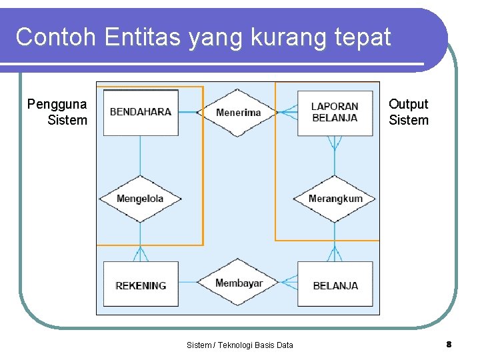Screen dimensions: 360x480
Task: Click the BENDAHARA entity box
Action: tap(141, 112)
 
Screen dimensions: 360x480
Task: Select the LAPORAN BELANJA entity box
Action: tap(335, 112)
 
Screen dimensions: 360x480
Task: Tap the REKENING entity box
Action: tap(141, 285)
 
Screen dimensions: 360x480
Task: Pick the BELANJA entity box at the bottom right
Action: tap(335, 285)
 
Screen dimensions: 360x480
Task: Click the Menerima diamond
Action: tap(238, 112)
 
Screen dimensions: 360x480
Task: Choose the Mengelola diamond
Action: tap(140, 199)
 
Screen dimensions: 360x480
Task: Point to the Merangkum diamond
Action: tap(335, 199)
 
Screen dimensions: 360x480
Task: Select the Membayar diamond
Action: tap(238, 283)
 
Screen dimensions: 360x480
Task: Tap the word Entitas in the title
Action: tap(143, 37)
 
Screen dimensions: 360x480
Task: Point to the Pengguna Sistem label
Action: tap(58, 112)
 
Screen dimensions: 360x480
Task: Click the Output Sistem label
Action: tap(408, 112)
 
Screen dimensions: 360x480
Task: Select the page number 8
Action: tap(449, 344)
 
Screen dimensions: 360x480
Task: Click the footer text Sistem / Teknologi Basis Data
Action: tap(239, 345)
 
